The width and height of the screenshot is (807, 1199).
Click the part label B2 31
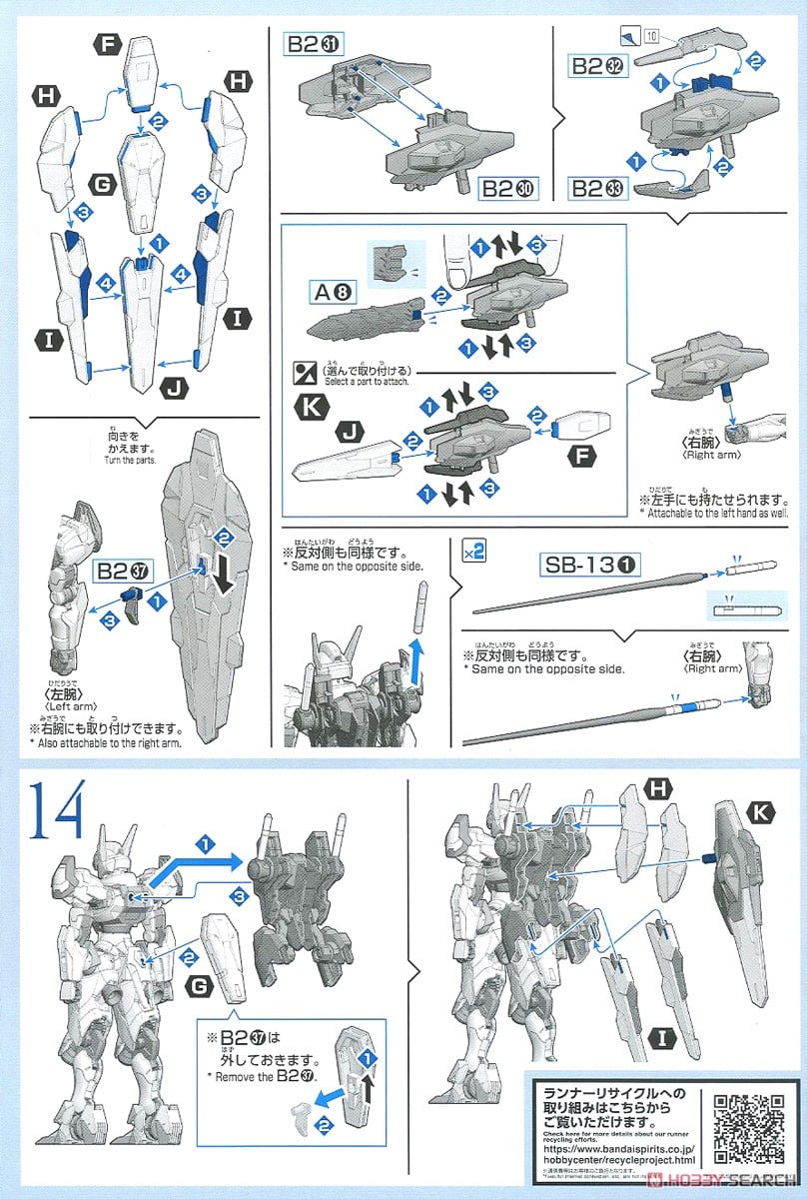(315, 44)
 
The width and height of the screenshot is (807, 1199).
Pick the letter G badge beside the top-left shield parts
(101, 185)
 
